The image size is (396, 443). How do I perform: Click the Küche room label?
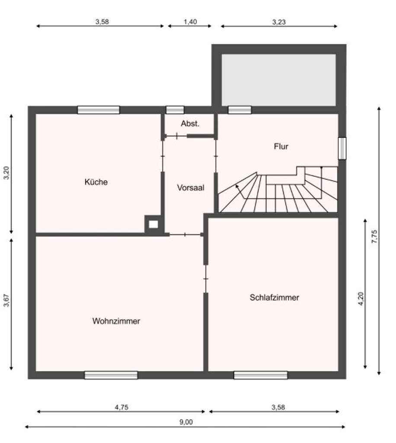coord(96,182)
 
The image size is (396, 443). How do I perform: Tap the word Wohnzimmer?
coord(116,321)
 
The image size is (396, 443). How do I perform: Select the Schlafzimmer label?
coord(274,297)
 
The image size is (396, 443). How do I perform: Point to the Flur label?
coord(281,146)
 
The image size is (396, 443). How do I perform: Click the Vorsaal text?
coord(190,188)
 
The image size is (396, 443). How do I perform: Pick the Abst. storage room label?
coord(190,124)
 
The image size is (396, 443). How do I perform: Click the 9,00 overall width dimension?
coord(186,422)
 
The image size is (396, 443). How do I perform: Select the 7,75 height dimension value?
coord(374,237)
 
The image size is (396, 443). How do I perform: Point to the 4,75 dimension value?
coord(122,407)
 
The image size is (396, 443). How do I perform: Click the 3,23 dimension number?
coord(279,22)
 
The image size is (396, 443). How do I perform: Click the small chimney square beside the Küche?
coord(153,225)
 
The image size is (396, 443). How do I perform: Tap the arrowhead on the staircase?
coord(236,186)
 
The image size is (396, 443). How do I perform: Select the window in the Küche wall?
coord(99,110)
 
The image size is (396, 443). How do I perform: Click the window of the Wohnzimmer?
coord(111,375)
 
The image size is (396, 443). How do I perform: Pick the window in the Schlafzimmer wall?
coord(260,375)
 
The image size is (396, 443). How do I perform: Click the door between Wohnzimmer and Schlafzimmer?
coord(206,279)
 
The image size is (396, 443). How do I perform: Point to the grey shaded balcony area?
coord(278,80)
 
